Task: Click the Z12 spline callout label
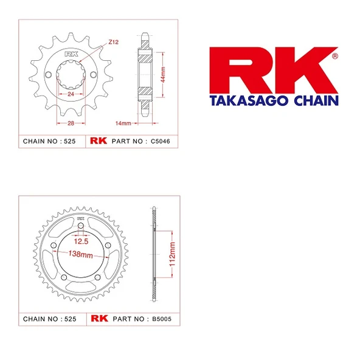(x=114, y=42)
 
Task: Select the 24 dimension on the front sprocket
(x=71, y=94)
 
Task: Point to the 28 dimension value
(x=71, y=124)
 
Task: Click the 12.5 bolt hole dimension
(x=81, y=241)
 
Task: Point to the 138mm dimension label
(x=80, y=254)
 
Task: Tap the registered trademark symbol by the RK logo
(x=334, y=56)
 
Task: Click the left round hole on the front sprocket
(x=48, y=75)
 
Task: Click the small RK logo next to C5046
(x=99, y=141)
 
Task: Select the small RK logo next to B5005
(x=99, y=318)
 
